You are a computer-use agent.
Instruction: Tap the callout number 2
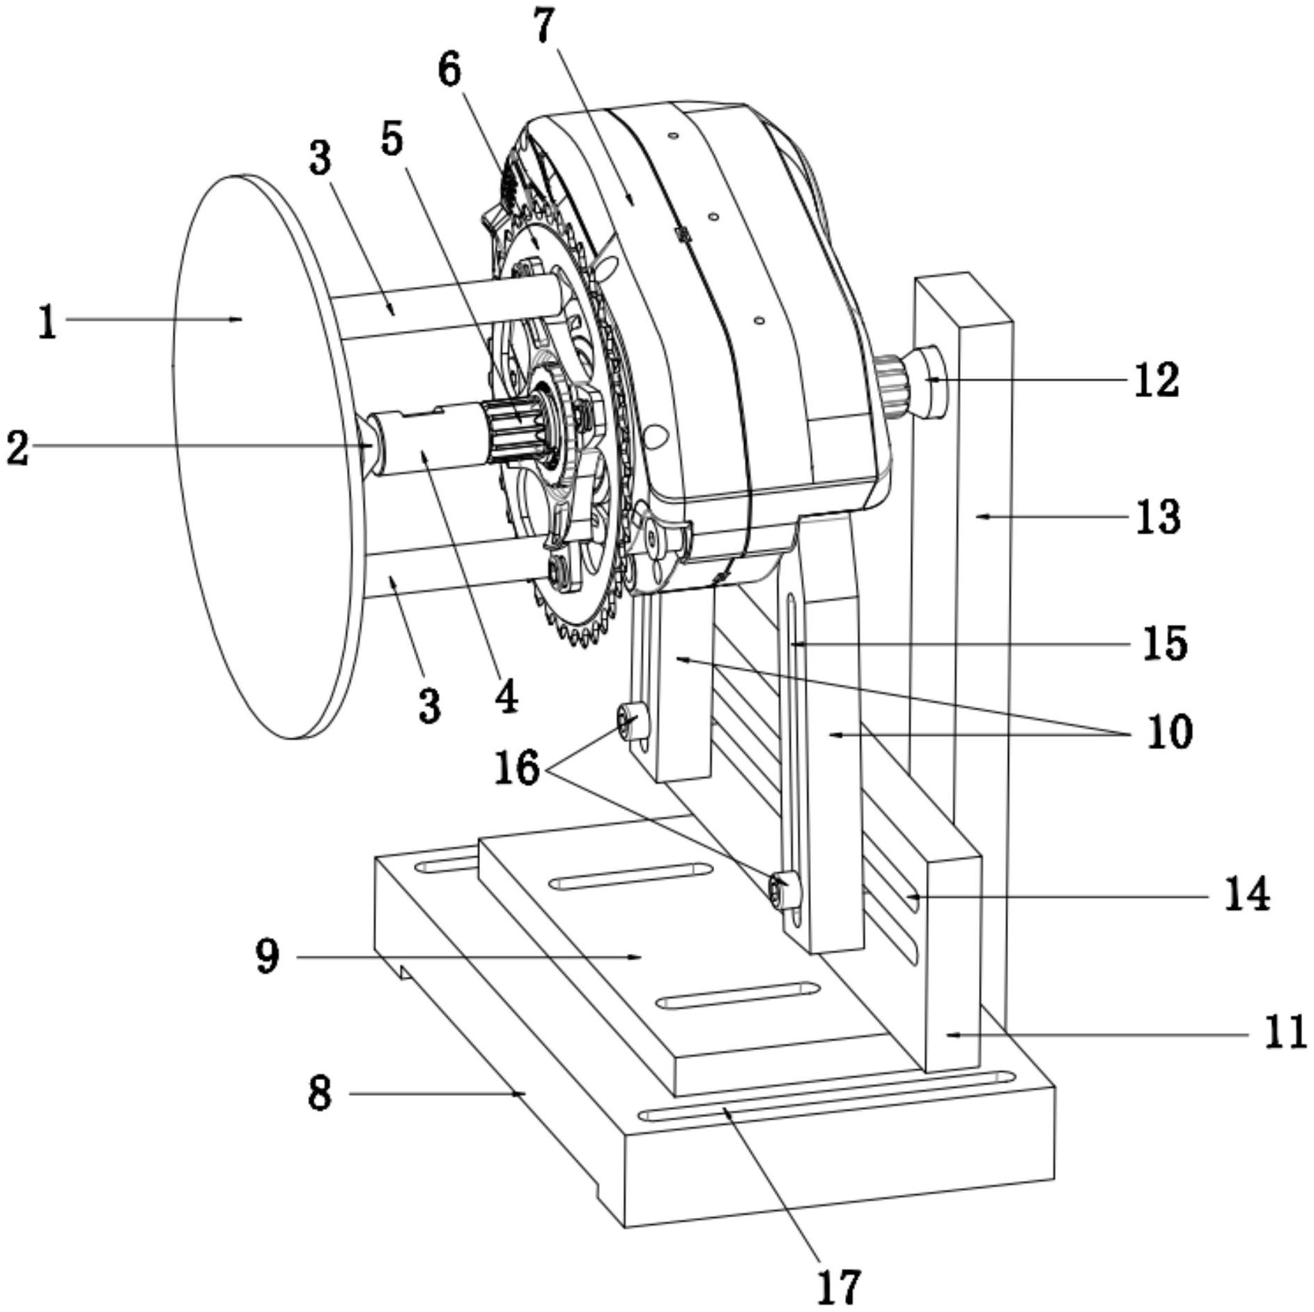(x=18, y=447)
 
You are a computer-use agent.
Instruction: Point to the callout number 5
(x=392, y=139)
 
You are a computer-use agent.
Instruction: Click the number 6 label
(x=450, y=71)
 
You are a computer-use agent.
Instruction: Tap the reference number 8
(x=320, y=1093)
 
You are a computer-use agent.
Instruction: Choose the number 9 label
(x=268, y=957)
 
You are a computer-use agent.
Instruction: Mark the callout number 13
(x=1158, y=517)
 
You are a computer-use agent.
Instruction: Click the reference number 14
(x=1247, y=895)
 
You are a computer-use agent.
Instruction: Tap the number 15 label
(x=1164, y=643)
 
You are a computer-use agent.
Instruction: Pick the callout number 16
(x=517, y=769)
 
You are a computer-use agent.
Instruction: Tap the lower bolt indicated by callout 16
(x=784, y=891)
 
